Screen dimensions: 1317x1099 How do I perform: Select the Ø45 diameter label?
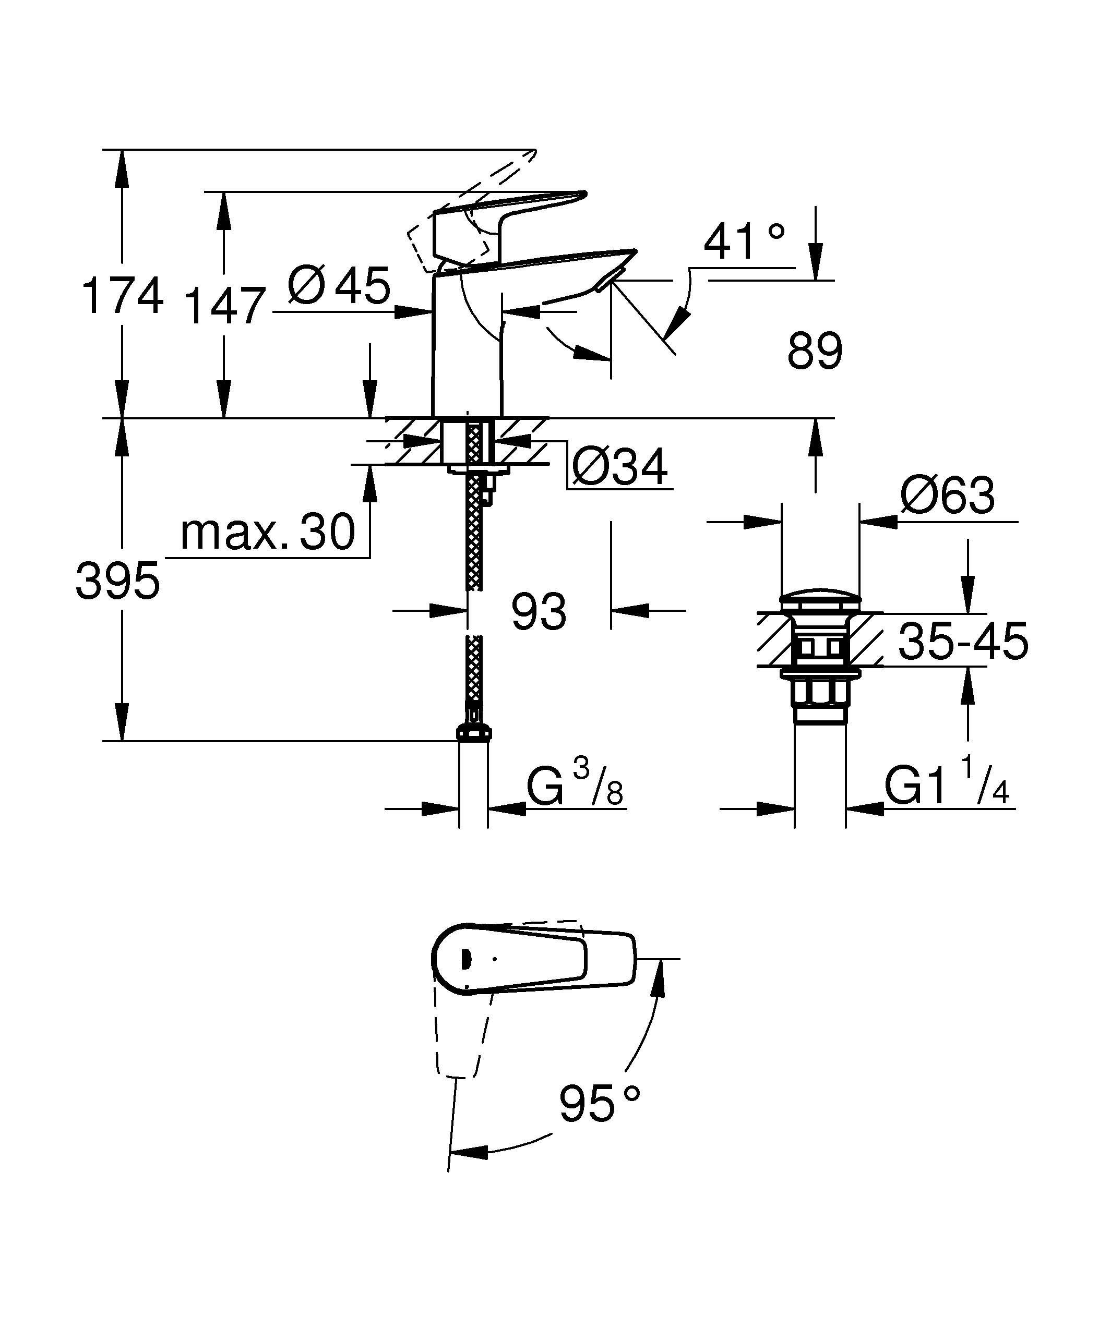pyautogui.click(x=339, y=286)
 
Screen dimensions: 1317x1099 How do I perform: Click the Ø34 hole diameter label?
pyautogui.click(x=620, y=467)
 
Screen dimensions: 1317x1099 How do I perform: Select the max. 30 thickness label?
pyautogui.click(x=268, y=533)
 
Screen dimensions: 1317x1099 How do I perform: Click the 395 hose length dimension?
pyautogui.click(x=118, y=581)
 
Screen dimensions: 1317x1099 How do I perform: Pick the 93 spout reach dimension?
pyautogui.click(x=538, y=611)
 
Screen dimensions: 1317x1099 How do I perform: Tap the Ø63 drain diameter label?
pyautogui.click(x=947, y=496)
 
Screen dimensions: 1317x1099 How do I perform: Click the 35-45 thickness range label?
pyautogui.click(x=963, y=641)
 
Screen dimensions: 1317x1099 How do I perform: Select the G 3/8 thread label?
pyautogui.click(x=574, y=787)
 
